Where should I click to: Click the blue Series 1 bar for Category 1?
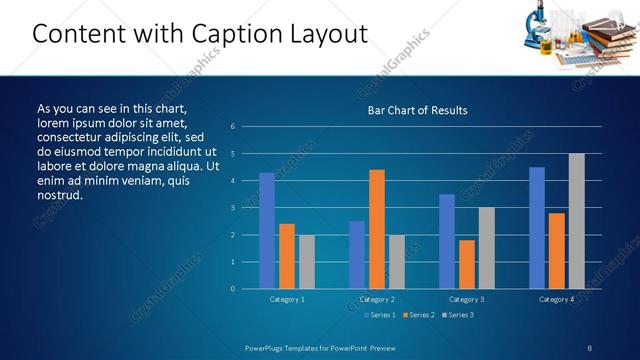(267, 231)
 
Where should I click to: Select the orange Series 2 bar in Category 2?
(377, 229)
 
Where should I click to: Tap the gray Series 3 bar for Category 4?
(577, 221)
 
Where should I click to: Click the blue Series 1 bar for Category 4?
(537, 228)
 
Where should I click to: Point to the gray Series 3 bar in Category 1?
(307, 262)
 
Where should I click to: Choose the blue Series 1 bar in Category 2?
(357, 255)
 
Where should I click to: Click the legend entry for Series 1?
(376, 315)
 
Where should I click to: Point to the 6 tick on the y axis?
(232, 127)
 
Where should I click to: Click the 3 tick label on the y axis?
(232, 208)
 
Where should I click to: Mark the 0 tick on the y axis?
(232, 289)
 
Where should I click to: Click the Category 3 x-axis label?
(467, 299)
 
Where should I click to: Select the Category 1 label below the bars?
(287, 299)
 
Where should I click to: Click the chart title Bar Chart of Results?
(417, 110)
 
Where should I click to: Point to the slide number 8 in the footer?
(589, 347)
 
